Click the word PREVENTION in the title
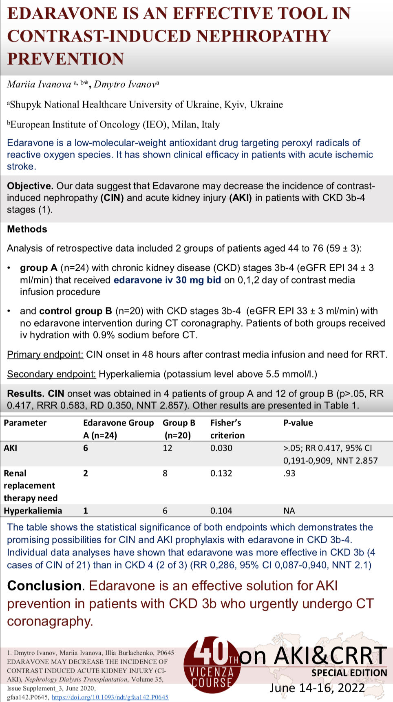tap(66, 59)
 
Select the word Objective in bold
tap(30, 186)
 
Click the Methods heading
tap(27, 229)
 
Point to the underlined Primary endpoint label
tap(45, 355)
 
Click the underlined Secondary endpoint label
tap(51, 374)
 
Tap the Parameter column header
tap(25, 423)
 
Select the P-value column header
tap(298, 423)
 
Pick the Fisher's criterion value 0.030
tap(221, 448)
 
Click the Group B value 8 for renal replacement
tap(165, 474)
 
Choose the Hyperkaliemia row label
tap(33, 511)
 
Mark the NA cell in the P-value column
tap(289, 511)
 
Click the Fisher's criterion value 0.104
tap(221, 511)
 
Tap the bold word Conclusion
tap(44, 586)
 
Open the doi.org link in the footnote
tap(110, 697)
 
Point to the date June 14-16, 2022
tap(317, 688)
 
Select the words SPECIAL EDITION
tap(349, 673)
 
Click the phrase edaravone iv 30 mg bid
tap(167, 280)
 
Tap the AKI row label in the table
tap(11, 448)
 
